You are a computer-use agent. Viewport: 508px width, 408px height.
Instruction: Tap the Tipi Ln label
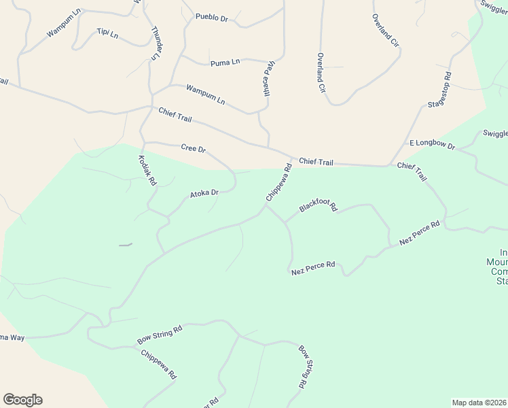pos(108,32)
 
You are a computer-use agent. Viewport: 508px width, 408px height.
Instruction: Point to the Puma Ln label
pos(225,63)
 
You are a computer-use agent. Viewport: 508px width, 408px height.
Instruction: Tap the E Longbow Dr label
pos(431,144)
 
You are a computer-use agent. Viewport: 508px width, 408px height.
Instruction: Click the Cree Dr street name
pos(194,148)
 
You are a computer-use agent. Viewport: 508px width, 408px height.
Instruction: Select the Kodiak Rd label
pos(147,171)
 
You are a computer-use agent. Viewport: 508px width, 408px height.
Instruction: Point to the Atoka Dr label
pos(204,193)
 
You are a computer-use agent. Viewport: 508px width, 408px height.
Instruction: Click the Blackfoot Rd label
pos(318,207)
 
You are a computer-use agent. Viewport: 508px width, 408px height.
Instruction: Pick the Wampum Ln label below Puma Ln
pos(205,95)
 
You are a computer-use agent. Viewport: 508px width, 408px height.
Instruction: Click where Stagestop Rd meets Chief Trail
pos(388,165)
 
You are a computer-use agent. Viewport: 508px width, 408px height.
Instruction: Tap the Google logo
pos(22,400)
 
